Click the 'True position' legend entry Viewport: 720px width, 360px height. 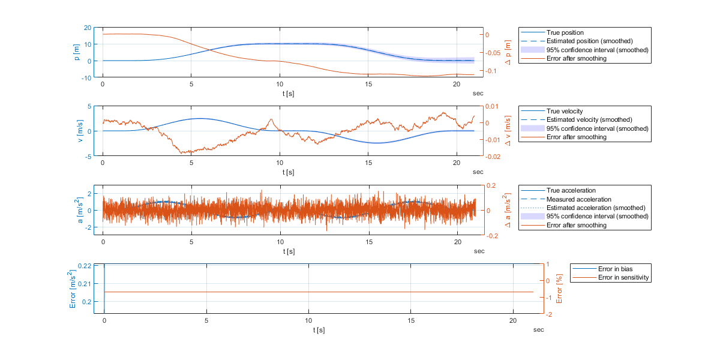coord(565,32)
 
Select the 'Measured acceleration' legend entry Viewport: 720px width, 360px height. coord(578,199)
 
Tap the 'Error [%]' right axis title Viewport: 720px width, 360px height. coord(559,289)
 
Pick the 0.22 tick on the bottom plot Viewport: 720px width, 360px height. coord(85,266)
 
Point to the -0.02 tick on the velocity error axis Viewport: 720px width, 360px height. coord(494,157)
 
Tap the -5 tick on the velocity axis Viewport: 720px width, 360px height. coord(88,157)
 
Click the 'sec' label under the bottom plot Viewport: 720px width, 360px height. coord(539,329)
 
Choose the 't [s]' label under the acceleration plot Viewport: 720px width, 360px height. coord(289,251)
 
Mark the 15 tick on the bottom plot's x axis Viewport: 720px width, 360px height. coord(410,322)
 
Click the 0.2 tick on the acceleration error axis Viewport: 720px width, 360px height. coord(490,186)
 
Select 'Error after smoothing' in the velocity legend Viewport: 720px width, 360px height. coord(576,137)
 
